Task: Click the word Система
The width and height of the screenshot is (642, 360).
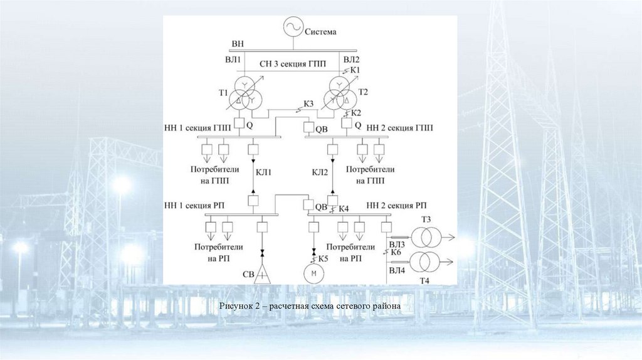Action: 321,31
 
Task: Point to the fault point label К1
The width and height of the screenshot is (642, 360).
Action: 355,70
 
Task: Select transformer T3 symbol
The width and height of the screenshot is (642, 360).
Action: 431,237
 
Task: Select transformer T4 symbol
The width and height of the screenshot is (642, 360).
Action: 431,260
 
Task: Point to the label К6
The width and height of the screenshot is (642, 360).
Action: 395,251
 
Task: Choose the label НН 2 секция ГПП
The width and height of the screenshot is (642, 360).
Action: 399,127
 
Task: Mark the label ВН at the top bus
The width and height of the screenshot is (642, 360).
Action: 237,44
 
